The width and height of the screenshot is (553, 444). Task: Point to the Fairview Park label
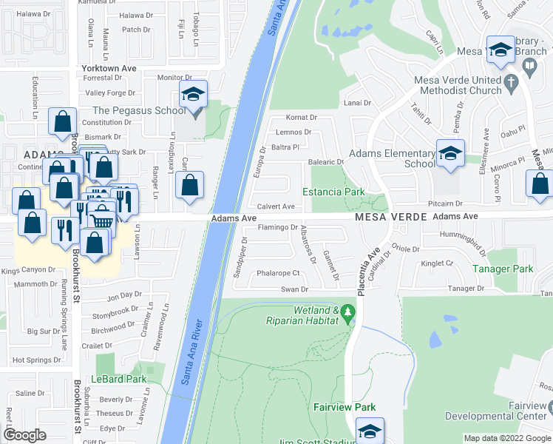point(345,407)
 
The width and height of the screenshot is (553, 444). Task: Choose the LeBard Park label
point(119,379)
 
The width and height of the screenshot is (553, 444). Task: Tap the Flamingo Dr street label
point(277,228)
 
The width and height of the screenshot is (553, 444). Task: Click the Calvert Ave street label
point(276,207)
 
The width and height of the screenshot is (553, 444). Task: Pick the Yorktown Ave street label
point(109,67)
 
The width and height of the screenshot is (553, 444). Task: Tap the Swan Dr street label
point(294,289)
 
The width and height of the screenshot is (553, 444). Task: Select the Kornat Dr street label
point(301,118)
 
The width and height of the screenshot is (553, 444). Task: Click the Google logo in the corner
point(25,434)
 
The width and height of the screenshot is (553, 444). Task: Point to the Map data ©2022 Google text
point(506,438)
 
